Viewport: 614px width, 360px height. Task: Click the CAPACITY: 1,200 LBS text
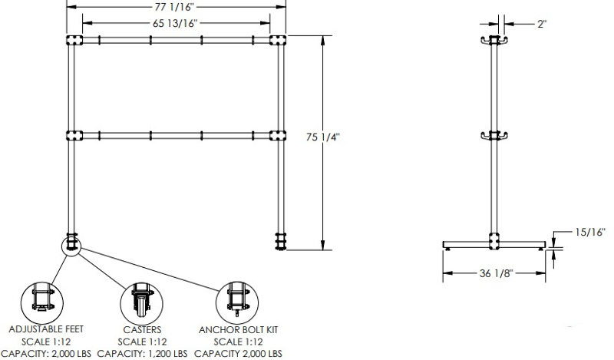tap(144, 354)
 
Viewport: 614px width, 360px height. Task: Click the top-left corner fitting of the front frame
tap(74, 41)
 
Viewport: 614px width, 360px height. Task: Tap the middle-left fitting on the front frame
tap(74, 137)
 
